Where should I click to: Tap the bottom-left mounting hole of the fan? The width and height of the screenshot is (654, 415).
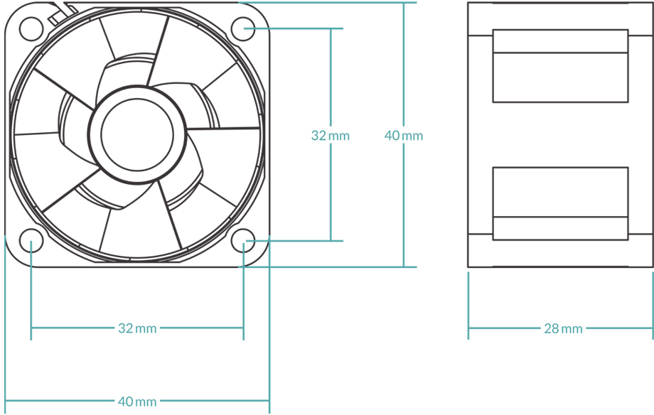[31, 241]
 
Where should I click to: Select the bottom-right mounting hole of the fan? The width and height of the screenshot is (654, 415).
[244, 241]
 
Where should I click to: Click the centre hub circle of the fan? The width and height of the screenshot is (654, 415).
[137, 134]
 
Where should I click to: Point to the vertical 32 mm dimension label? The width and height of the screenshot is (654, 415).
[331, 135]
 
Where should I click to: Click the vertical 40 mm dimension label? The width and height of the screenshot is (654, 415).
[403, 135]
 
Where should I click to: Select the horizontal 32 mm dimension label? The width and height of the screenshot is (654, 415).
[137, 328]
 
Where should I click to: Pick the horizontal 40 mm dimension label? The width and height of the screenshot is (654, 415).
[137, 402]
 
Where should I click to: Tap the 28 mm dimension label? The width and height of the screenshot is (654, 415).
[563, 328]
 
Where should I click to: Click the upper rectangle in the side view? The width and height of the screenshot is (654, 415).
[560, 65]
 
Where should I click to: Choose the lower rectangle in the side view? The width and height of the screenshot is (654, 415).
[560, 203]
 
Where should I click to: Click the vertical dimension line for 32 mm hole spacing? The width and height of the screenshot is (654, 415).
[331, 192]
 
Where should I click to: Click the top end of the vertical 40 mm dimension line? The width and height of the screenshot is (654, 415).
[403, 4]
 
